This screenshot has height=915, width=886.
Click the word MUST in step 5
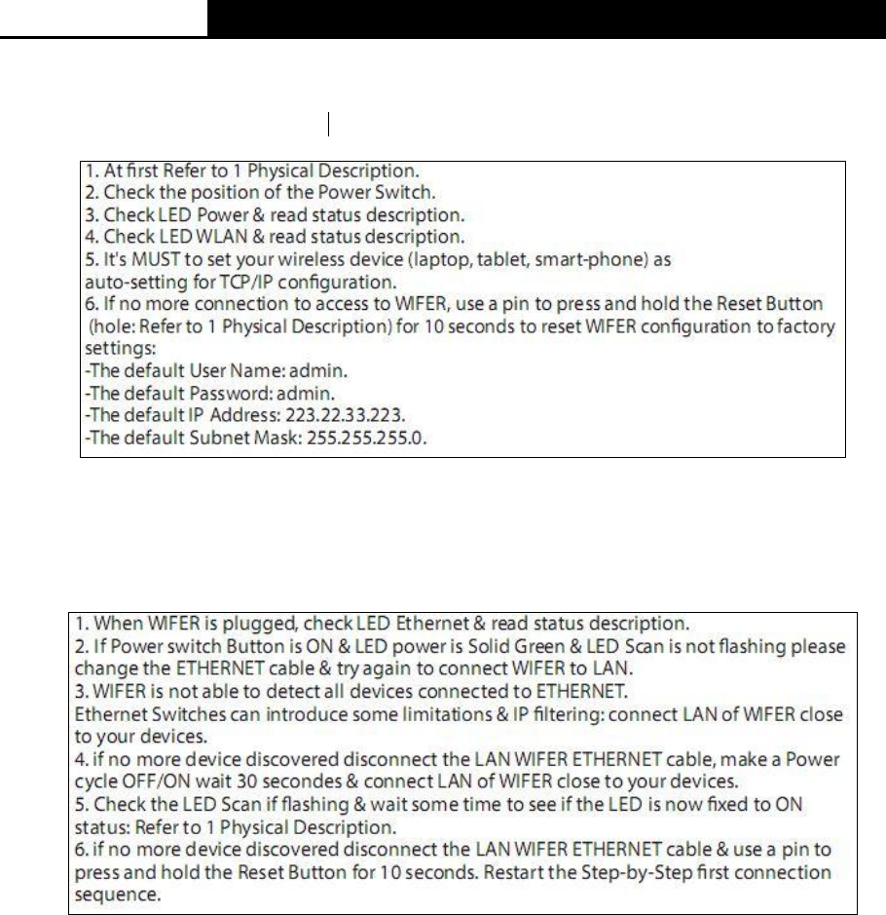coord(134,260)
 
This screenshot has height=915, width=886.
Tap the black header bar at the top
coord(545,19)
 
